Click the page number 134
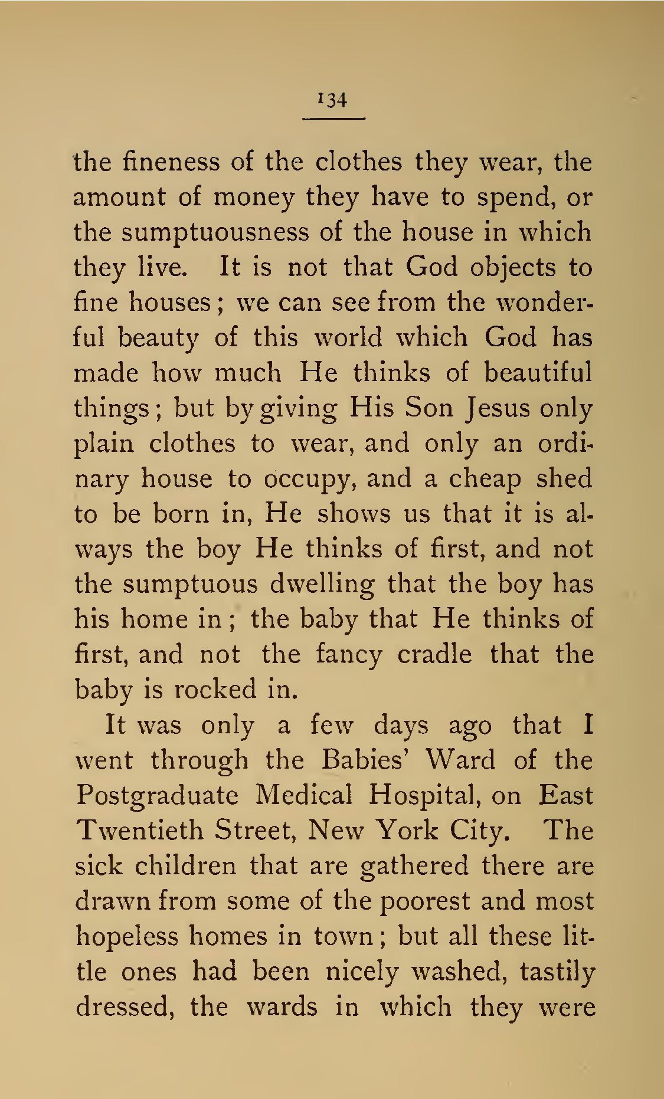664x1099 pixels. [333, 100]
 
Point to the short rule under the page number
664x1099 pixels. [333, 119]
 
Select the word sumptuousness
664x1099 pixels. [215, 233]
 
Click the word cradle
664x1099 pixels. [434, 655]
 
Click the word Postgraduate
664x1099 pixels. [157, 796]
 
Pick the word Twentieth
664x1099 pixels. [140, 831]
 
